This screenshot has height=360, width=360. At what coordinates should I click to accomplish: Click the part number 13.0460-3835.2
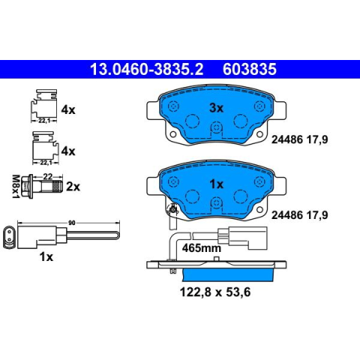[146, 69]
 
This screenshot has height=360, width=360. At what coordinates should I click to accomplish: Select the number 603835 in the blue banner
[250, 69]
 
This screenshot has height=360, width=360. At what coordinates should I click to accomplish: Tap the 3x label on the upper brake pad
[216, 108]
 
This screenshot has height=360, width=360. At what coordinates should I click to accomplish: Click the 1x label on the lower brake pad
[217, 184]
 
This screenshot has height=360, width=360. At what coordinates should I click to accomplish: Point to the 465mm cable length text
[202, 248]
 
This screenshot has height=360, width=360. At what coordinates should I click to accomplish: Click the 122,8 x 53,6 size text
[215, 292]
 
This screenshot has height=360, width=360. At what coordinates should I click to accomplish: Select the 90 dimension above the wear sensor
[72, 223]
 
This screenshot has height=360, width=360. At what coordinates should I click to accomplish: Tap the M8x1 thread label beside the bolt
[16, 187]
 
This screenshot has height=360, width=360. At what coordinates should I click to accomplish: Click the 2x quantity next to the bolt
[73, 187]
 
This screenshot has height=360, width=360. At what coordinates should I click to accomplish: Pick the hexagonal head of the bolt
[26, 187]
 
